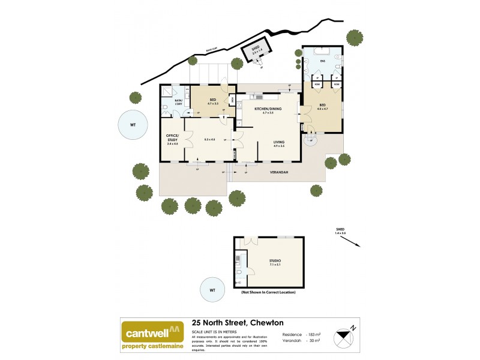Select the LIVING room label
tap(278, 142)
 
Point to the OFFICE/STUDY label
tap(172, 140)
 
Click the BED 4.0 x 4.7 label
tap(322, 106)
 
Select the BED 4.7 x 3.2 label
tap(212, 101)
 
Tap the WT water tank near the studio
tap(212, 290)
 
